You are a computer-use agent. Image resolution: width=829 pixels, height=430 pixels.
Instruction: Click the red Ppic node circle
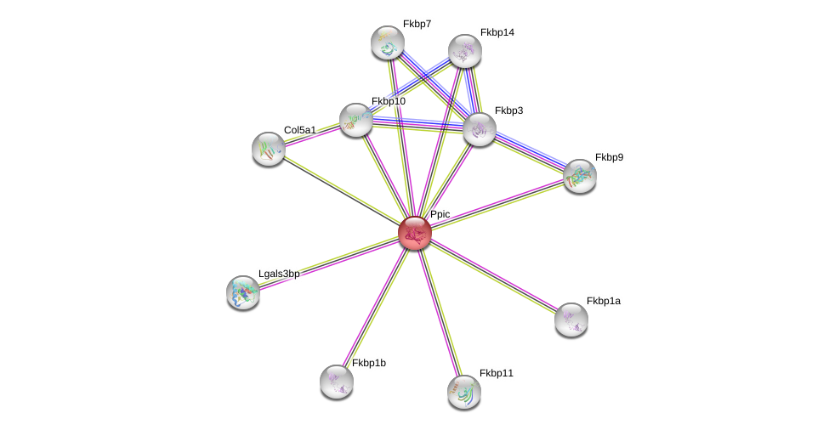[415, 232]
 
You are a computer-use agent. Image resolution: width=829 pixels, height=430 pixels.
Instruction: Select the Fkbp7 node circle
[388, 42]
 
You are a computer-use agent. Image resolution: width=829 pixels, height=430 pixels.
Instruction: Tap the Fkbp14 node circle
[465, 51]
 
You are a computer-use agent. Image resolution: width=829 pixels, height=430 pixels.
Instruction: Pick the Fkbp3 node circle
[480, 129]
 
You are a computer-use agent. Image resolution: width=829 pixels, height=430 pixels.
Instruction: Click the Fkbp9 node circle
[580, 176]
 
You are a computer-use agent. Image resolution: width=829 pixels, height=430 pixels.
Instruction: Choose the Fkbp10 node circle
[356, 120]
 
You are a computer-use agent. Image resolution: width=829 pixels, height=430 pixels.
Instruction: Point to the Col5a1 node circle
[269, 149]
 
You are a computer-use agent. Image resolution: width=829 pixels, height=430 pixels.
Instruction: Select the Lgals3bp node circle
[243, 292]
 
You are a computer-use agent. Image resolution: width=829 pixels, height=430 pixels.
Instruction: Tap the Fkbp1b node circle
[337, 382]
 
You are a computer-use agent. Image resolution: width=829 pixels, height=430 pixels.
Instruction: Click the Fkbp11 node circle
[464, 392]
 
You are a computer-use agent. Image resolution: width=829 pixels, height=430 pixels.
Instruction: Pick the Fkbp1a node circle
[571, 320]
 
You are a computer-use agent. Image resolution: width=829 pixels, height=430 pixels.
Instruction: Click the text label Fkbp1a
[603, 301]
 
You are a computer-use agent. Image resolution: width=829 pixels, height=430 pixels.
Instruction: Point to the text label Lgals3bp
[279, 274]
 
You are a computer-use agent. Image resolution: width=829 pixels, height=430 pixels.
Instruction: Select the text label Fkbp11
[496, 373]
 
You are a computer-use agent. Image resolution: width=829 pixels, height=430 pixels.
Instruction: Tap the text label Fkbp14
[497, 32]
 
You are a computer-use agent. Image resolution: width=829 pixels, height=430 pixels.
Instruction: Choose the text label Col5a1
[299, 130]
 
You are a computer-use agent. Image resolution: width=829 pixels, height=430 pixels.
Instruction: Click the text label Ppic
[440, 214]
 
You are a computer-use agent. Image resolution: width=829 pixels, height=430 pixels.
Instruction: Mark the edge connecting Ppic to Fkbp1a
[493, 275]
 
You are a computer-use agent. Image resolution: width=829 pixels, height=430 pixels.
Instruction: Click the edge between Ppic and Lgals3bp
[329, 262]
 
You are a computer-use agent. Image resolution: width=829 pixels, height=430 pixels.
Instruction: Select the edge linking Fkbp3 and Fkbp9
[530, 153]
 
